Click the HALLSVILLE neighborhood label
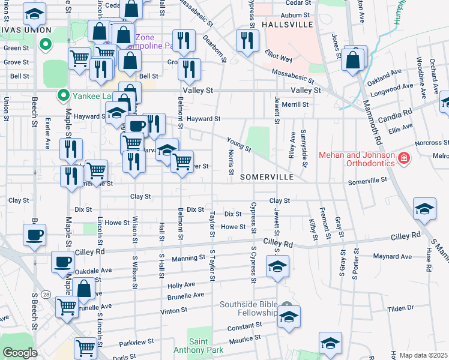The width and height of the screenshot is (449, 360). pos(287,25)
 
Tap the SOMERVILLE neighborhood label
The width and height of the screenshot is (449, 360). pos(267,178)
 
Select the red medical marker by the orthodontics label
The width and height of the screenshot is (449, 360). pos(404,159)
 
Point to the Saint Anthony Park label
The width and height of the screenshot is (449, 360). pos(198,345)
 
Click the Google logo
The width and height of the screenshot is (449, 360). pos(20,353)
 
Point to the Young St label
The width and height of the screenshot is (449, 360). pos(239,144)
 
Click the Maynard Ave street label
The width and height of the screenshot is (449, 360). pos(392,257)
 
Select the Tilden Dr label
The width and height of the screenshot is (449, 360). pos(400,308)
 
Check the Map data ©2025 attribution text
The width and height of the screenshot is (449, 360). pos(424,355)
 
